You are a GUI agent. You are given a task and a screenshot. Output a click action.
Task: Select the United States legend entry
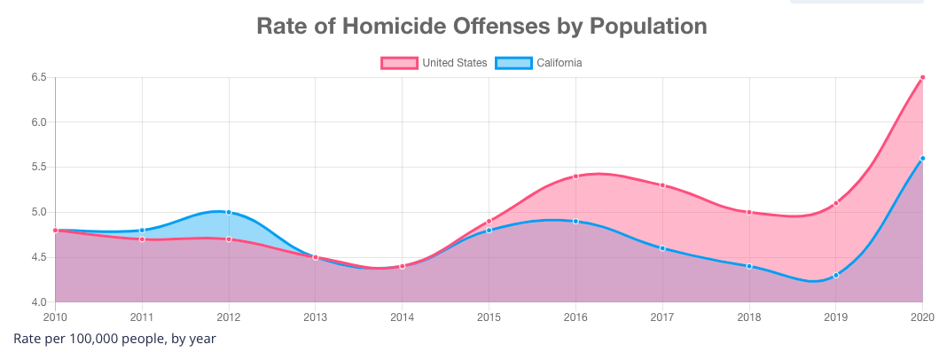(x=434, y=63)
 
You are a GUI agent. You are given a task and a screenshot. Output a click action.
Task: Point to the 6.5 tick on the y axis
(x=38, y=77)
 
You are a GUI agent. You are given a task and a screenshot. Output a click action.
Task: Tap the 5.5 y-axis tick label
(x=38, y=167)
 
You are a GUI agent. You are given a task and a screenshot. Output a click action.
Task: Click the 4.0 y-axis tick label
(x=38, y=302)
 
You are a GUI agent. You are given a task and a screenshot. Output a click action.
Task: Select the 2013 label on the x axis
(x=316, y=317)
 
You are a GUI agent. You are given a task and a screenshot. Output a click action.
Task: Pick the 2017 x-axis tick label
(x=662, y=317)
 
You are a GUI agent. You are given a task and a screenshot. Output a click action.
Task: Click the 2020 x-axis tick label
(x=923, y=317)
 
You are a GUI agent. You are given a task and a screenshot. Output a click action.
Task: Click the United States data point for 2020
(x=923, y=77)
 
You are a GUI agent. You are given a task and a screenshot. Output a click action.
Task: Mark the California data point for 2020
(x=923, y=158)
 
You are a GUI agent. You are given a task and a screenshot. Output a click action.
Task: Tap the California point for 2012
(x=229, y=212)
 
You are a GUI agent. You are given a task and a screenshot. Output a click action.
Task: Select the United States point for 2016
(x=575, y=176)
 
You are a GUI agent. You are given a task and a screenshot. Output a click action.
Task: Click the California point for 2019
(x=836, y=275)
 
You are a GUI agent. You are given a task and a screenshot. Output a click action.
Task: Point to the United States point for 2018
(x=749, y=212)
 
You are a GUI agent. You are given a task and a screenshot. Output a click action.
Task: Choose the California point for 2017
(x=662, y=248)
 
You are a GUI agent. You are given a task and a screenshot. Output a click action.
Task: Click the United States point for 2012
(x=229, y=239)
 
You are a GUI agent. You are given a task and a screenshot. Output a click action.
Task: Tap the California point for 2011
(x=142, y=231)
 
